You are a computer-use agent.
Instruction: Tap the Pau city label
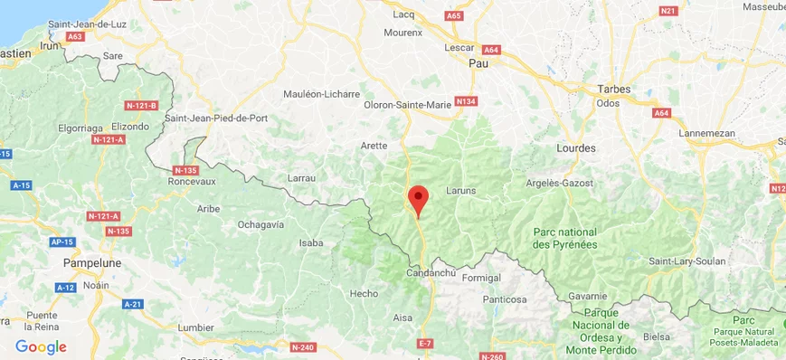[478, 63]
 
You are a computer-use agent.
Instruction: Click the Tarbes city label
[614, 89]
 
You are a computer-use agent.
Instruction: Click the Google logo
[41, 346]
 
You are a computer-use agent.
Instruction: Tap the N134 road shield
[466, 100]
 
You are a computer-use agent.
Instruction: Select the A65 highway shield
[454, 15]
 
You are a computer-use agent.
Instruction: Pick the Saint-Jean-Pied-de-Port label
[216, 118]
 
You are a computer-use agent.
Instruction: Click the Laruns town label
[460, 191]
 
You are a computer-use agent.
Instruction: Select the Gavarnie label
[587, 296]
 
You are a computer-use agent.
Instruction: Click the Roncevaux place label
[192, 181]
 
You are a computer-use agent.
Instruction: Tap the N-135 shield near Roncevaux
[185, 169]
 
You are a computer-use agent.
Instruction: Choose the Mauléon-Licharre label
[321, 93]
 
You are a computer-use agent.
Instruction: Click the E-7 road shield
[426, 343]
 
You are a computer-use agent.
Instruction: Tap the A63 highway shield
[75, 36]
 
